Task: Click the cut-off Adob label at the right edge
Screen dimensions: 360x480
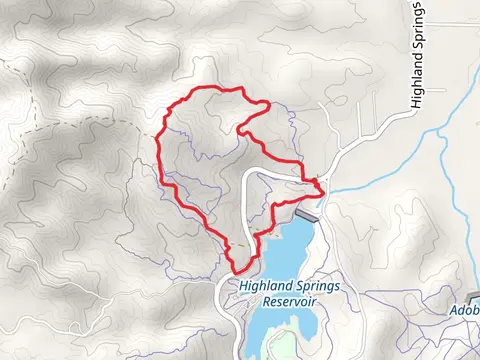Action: click(x=463, y=311)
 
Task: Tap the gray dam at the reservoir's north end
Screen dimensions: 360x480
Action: click(x=307, y=216)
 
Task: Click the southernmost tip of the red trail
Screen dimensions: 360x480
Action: click(x=238, y=270)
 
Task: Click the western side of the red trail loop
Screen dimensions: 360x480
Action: click(x=159, y=150)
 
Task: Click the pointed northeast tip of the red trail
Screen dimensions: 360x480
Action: click(x=268, y=104)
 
